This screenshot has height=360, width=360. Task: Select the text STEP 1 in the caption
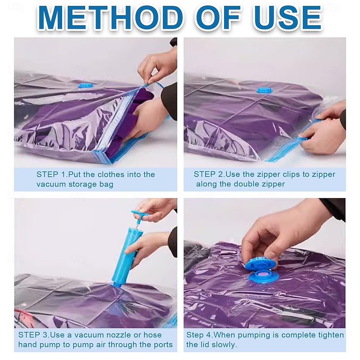51,174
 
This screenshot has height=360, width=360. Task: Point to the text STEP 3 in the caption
33,334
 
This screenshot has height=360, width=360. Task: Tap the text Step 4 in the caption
200,335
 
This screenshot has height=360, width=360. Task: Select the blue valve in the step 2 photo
265,90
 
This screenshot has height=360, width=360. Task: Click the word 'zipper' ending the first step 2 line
323,174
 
